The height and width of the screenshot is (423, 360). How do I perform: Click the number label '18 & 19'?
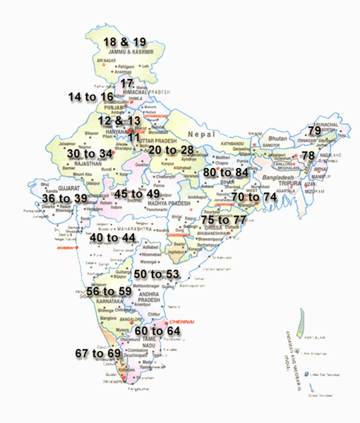125,42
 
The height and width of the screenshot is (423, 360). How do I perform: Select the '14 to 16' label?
90,96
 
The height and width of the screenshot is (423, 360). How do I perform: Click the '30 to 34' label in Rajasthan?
90,153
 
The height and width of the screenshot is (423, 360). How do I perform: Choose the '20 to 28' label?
172,150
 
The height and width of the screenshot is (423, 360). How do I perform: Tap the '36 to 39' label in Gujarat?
64,199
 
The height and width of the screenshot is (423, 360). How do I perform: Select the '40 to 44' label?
113,237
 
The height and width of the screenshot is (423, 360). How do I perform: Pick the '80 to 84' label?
226,172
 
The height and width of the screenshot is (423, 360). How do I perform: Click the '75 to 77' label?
224,220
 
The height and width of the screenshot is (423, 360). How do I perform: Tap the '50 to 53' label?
157,274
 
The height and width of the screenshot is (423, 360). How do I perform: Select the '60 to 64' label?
158,330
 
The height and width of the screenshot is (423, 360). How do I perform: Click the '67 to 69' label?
98,352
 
